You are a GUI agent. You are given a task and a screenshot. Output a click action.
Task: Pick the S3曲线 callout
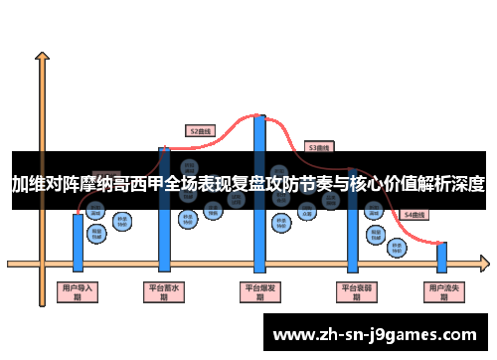[x=318, y=147]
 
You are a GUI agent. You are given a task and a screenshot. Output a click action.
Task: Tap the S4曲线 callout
[x=413, y=215]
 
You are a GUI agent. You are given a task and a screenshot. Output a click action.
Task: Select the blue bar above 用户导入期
[x=78, y=242]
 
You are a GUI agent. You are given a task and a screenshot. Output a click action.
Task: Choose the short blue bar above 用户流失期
[x=442, y=258]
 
